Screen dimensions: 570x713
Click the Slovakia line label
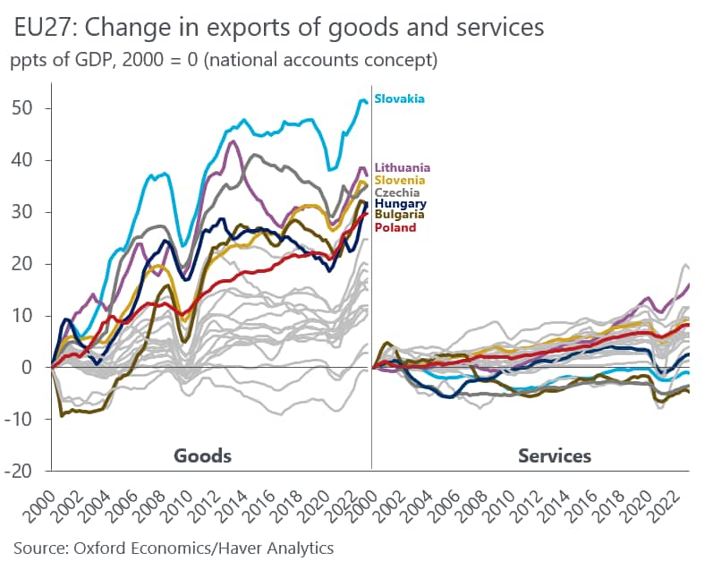(x=399, y=98)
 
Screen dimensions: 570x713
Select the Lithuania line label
(x=403, y=167)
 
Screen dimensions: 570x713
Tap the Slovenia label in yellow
(x=400, y=180)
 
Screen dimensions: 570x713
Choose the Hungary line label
(x=399, y=204)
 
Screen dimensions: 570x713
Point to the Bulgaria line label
(x=399, y=216)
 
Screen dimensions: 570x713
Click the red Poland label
(x=395, y=227)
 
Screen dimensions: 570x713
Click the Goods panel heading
(x=202, y=455)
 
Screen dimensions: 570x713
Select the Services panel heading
(x=555, y=455)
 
